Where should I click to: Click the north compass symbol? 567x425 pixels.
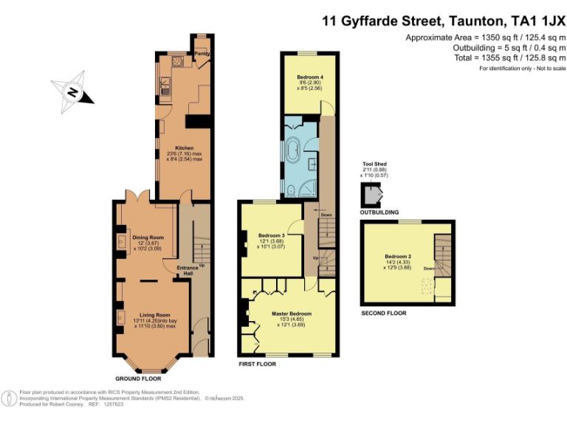click(x=73, y=93)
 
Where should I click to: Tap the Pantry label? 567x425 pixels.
click(x=200, y=54)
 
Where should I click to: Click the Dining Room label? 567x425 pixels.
click(x=147, y=238)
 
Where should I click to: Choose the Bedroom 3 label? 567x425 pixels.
click(x=271, y=236)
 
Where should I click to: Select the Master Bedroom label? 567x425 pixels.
click(x=291, y=314)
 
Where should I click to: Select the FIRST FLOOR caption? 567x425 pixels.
click(x=257, y=364)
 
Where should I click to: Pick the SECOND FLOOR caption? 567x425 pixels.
click(x=383, y=313)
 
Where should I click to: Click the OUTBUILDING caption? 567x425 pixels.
click(x=379, y=212)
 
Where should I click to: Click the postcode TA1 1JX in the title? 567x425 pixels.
click(x=530, y=21)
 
